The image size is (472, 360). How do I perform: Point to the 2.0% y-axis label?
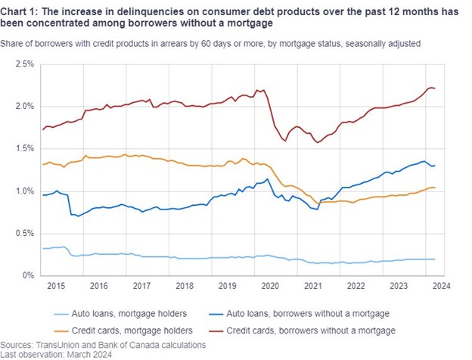[x=23, y=107]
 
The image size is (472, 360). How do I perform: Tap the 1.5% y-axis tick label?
[x=23, y=149]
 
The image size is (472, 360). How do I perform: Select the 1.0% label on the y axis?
[x=23, y=191]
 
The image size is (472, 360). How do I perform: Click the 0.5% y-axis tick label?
[x=23, y=234]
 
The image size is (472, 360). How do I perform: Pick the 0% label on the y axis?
[x=28, y=276]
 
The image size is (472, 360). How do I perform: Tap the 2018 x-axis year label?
[x=185, y=287]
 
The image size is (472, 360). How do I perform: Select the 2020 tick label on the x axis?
[x=271, y=287]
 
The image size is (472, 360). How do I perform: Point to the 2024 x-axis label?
[x=442, y=287]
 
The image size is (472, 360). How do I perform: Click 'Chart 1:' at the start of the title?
[x=21, y=10]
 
